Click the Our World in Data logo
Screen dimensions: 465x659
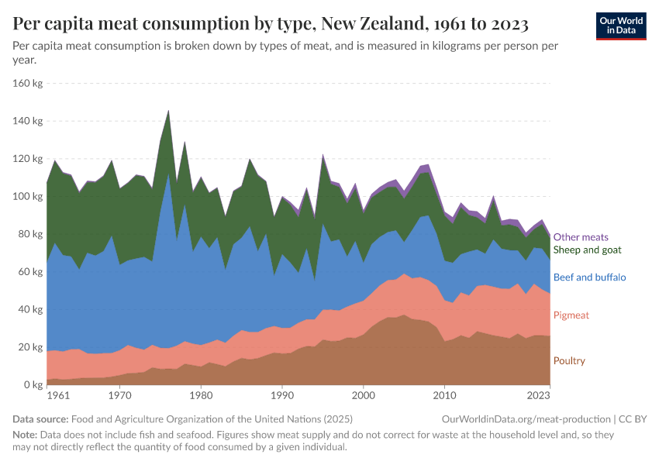[620, 26]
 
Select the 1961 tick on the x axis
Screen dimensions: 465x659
[57, 396]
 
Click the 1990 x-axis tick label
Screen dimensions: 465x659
[282, 396]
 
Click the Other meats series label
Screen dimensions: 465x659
[581, 237]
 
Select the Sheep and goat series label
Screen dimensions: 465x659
[587, 250]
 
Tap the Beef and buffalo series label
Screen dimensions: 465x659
[589, 277]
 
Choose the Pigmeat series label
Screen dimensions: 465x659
[570, 315]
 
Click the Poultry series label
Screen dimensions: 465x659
[569, 361]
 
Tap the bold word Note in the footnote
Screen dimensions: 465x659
[26, 436]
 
